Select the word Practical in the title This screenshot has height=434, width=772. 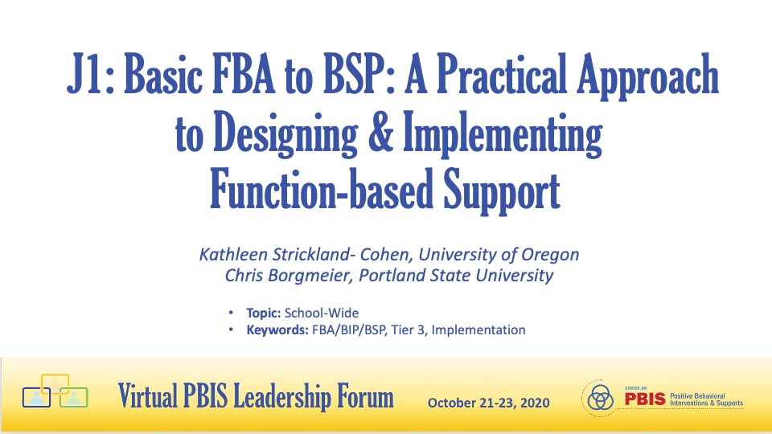[x=502, y=74]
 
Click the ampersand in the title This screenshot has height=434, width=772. [x=381, y=132]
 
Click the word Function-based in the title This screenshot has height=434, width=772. [x=322, y=190]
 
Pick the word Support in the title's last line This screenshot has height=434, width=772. [x=502, y=192]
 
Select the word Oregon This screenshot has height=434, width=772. [x=550, y=256]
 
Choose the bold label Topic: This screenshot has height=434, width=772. [x=264, y=313]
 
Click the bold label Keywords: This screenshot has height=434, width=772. [x=277, y=330]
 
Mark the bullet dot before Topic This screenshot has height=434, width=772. [x=231, y=313]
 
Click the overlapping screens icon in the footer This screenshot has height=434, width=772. [x=55, y=391]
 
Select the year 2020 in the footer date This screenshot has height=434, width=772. [x=535, y=403]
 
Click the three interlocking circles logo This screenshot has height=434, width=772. [x=599, y=398]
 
